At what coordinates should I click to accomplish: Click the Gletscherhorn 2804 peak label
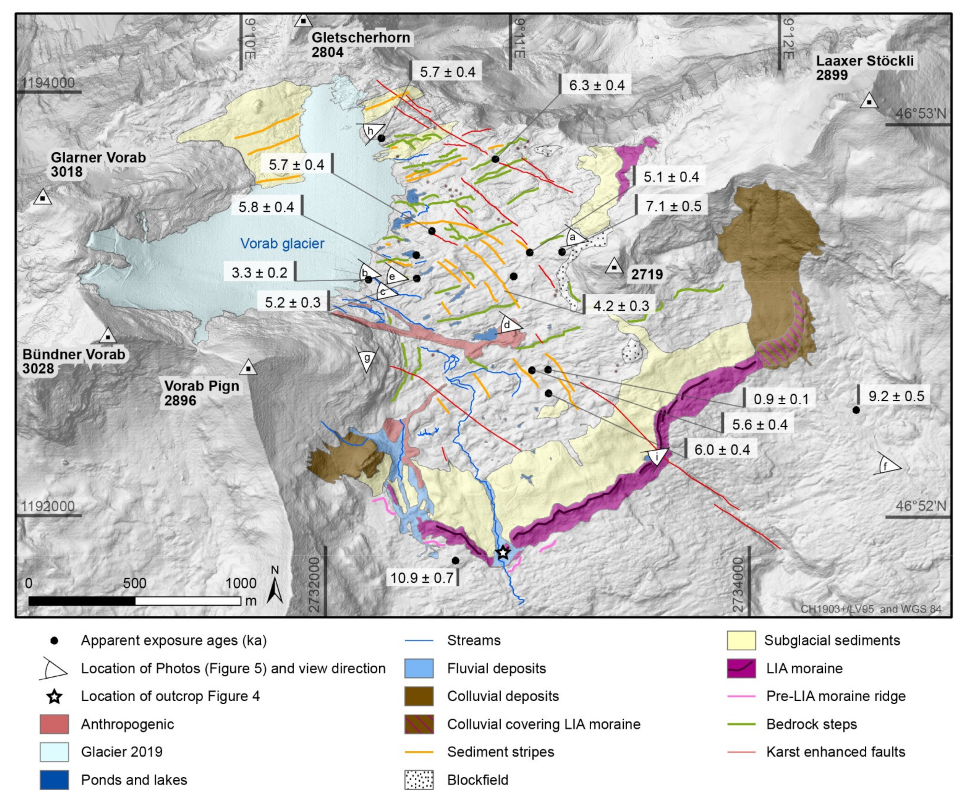pyautogui.click(x=360, y=45)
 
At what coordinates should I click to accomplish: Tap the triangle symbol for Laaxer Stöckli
pyautogui.click(x=868, y=101)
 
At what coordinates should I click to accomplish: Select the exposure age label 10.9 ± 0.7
pyautogui.click(x=421, y=578)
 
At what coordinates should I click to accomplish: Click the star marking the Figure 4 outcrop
pyautogui.click(x=503, y=553)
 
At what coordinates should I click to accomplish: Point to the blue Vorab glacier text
pyautogui.click(x=282, y=244)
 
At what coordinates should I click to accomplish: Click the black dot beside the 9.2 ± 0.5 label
pyautogui.click(x=856, y=410)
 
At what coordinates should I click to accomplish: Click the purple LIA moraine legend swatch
pyautogui.click(x=741, y=668)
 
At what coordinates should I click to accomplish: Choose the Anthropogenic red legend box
pyautogui.click(x=54, y=724)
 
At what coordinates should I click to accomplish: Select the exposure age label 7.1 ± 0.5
pyautogui.click(x=673, y=207)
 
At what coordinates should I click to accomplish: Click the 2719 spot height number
pyautogui.click(x=647, y=274)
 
